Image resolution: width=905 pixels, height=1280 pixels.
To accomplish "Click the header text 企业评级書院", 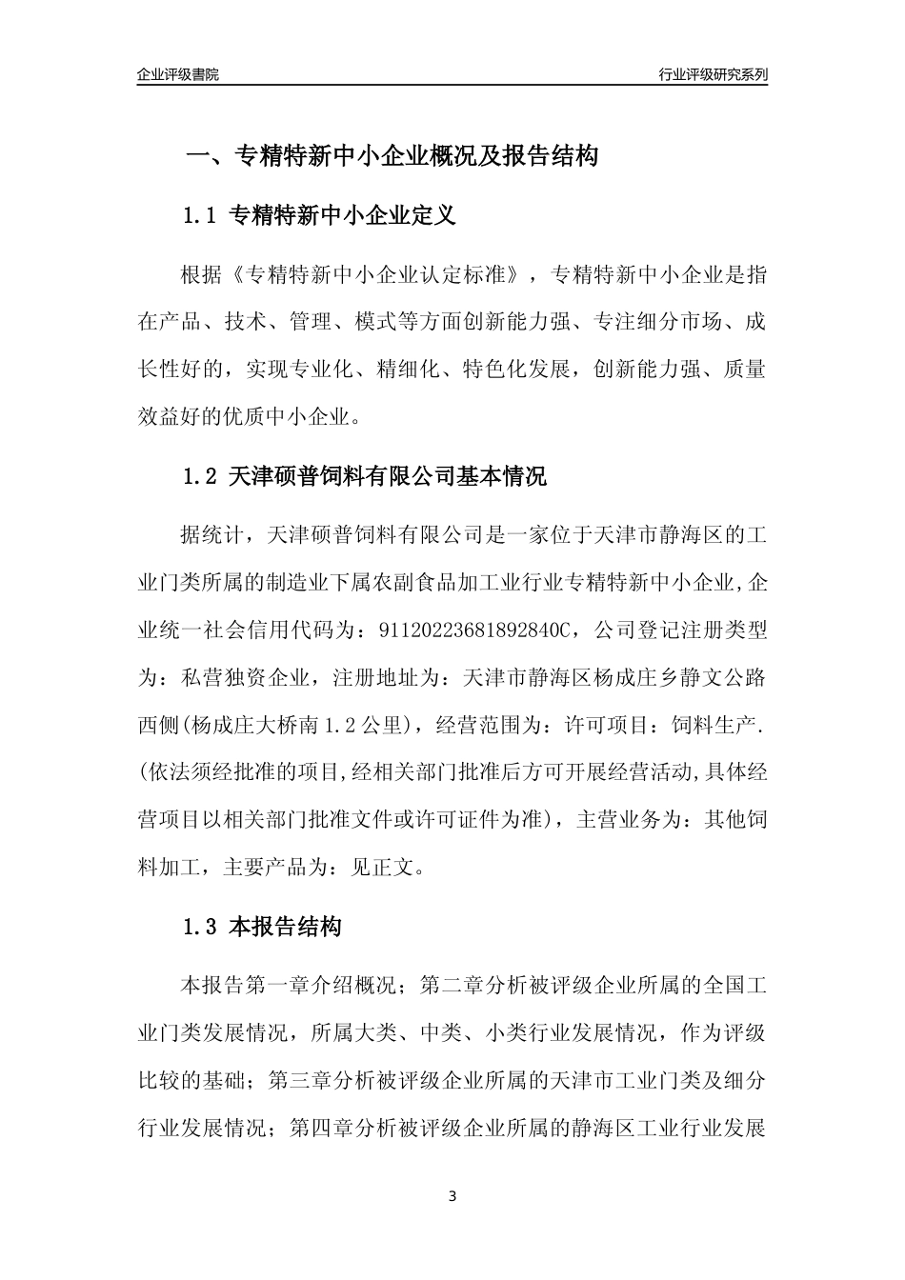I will tap(178, 74).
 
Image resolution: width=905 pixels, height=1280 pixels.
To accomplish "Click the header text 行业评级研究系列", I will tap(713, 74).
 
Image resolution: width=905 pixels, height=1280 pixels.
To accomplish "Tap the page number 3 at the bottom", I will tap(452, 1196).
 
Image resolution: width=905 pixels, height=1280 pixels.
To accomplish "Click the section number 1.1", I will tap(201, 216).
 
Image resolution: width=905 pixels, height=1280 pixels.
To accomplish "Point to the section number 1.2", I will tap(201, 476).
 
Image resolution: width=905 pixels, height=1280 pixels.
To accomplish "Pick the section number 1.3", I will tap(201, 926).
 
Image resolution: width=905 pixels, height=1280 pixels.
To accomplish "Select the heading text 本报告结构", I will tap(285, 926).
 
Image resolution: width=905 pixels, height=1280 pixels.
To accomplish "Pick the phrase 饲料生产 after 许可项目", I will tap(723, 724).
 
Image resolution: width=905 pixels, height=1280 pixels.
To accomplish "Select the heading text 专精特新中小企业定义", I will tap(343, 216).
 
